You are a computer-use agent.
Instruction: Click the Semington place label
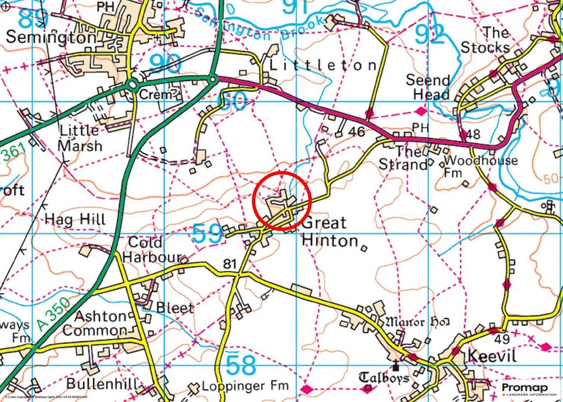[51, 37]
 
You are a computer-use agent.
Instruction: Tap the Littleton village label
[323, 65]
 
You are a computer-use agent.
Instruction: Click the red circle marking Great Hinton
[282, 201]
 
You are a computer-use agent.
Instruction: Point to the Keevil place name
[492, 356]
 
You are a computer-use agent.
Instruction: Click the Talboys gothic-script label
[384, 378]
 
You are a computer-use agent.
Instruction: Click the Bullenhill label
[101, 383]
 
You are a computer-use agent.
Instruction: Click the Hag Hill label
[75, 219]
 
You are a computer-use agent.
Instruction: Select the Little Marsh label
[80, 138]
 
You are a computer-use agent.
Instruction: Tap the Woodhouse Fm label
[481, 167]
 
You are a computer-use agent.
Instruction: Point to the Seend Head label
[428, 87]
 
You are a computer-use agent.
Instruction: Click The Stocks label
[485, 40]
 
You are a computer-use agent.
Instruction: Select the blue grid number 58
[241, 365]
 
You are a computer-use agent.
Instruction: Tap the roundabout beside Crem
[132, 85]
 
